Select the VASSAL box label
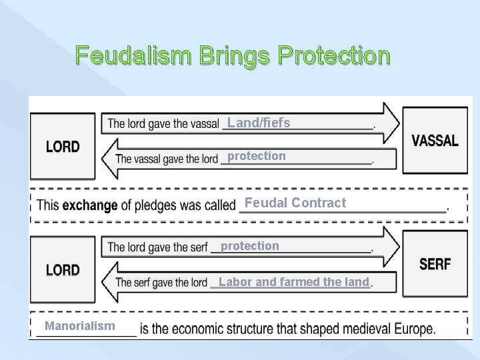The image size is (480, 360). click(435, 141)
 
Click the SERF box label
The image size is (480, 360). click(435, 265)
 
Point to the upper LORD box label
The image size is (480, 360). click(63, 147)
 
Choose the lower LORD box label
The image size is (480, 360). click(63, 270)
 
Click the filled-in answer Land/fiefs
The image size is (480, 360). click(258, 123)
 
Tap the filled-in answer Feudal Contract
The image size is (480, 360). click(295, 203)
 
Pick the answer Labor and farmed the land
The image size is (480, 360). click(293, 282)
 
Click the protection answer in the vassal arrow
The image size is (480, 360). click(257, 156)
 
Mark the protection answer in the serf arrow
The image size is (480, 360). click(250, 246)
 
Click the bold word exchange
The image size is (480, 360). click(89, 205)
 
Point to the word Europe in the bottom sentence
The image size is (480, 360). click(414, 329)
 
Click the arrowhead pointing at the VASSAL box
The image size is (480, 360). click(391, 123)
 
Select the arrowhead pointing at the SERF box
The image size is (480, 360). click(391, 246)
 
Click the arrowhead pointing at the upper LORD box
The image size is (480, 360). click(109, 159)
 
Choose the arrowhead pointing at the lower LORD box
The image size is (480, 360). click(109, 282)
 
